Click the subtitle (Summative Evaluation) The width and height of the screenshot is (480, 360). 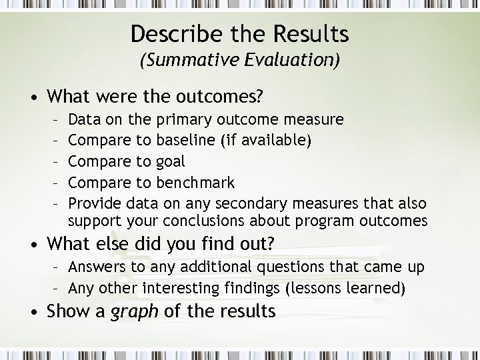240,60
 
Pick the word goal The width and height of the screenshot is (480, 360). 171,162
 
